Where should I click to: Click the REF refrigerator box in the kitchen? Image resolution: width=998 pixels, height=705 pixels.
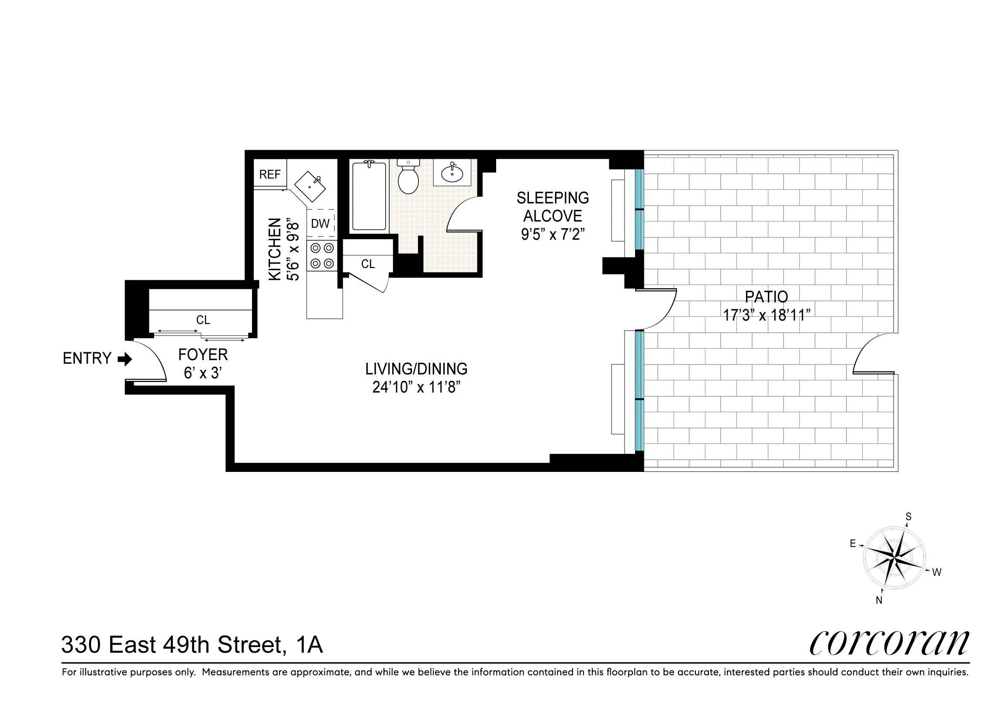click(x=270, y=174)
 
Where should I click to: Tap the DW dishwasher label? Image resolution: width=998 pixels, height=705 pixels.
click(x=320, y=224)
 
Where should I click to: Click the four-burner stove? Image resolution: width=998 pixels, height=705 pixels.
click(x=321, y=256)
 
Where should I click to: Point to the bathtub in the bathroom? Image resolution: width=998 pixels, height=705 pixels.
click(x=369, y=196)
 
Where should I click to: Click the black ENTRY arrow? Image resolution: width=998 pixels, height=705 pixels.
click(x=125, y=359)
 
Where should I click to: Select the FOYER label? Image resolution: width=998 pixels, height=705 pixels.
click(x=203, y=354)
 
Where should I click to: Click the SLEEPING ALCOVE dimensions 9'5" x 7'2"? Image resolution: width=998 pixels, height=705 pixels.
click(x=553, y=234)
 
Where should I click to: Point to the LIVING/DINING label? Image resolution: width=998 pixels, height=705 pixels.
click(x=416, y=369)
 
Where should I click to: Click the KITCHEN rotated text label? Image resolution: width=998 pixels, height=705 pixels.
click(x=275, y=249)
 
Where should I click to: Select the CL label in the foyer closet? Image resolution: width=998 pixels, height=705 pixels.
click(x=203, y=320)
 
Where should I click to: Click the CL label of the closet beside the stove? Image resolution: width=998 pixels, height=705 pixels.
click(x=368, y=264)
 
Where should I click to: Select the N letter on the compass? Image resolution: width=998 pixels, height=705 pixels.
click(x=879, y=601)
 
